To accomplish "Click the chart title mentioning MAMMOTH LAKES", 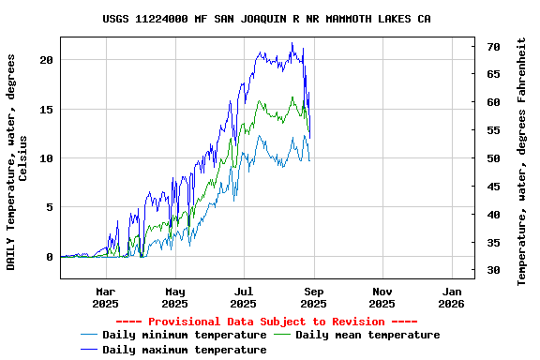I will point(267,19).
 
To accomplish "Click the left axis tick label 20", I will point(47,59).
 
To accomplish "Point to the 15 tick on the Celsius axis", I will point(47,109).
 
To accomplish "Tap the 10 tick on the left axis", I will point(47,157).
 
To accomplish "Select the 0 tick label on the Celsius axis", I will point(51,257).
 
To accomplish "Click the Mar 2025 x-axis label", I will point(106,297).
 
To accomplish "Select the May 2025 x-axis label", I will point(175,297).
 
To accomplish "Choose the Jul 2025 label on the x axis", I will point(244,297).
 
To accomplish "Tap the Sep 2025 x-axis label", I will point(313,297).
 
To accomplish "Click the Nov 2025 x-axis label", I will point(382,297).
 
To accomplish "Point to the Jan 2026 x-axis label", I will point(451,297).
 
